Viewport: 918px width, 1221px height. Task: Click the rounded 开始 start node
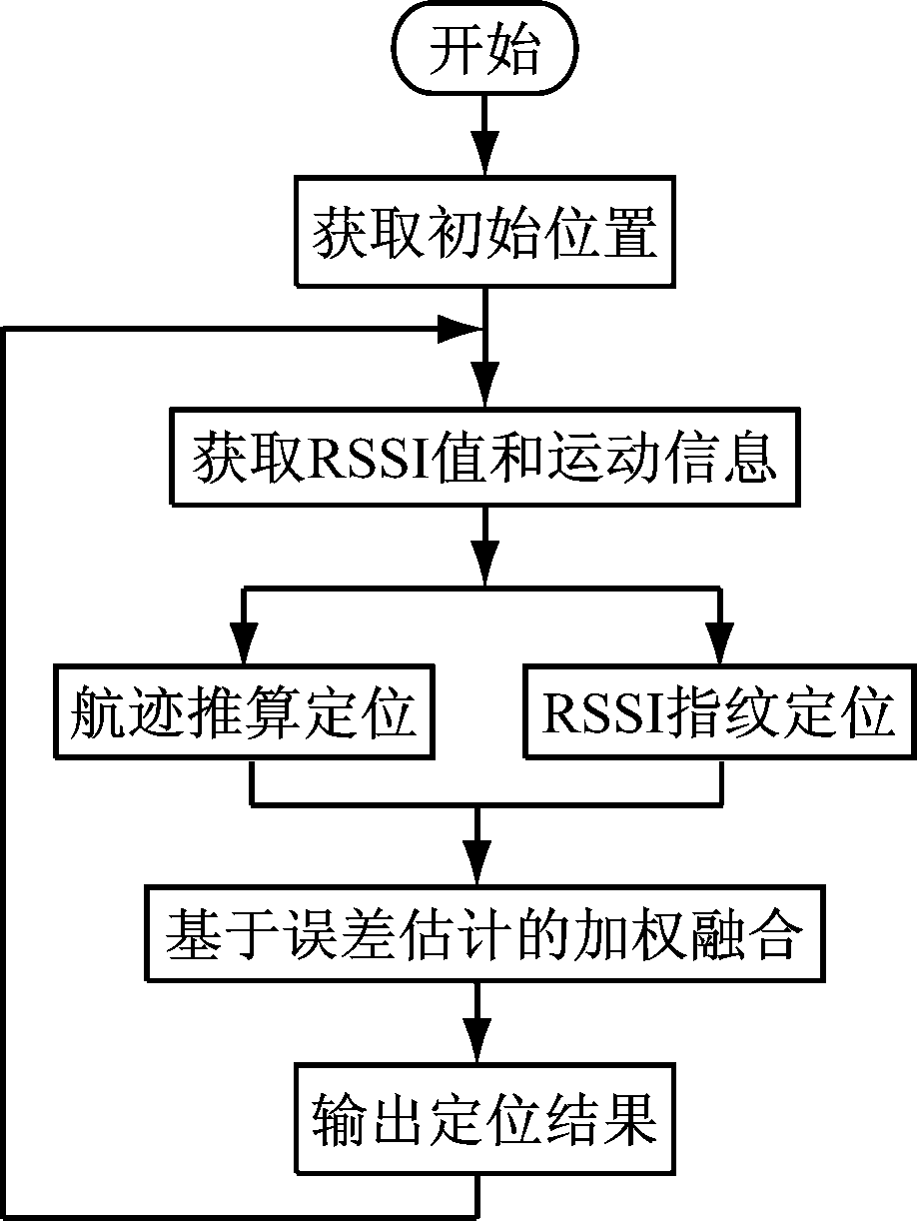coord(484,51)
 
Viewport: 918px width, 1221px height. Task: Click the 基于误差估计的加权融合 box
coord(484,935)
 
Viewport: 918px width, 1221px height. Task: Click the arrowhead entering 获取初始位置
coord(484,157)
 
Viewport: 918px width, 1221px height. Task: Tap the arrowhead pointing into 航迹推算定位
coord(245,638)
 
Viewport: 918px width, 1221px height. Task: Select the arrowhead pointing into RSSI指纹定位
coord(718,638)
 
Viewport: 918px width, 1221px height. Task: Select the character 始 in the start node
coord(513,51)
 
